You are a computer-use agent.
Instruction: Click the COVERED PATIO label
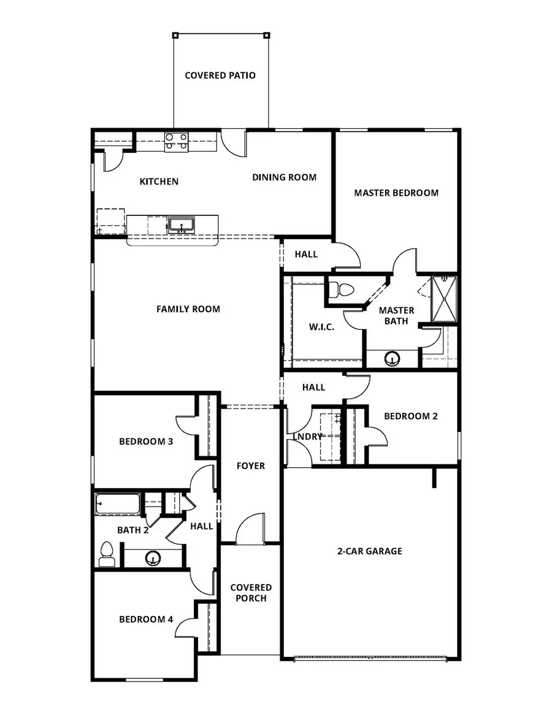[x=220, y=75]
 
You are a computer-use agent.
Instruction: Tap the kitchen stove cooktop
[x=176, y=142]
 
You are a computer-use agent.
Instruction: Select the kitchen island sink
[x=180, y=225]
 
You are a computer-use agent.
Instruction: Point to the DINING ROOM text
[x=284, y=177]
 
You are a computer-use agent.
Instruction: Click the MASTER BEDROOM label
[x=396, y=193]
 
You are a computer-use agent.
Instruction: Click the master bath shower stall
[x=444, y=299]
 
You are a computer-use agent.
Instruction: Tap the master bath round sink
[x=392, y=358]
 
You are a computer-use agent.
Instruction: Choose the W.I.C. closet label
[x=321, y=327]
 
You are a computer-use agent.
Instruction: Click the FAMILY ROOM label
[x=188, y=309]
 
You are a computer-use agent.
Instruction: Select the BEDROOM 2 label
[x=411, y=416]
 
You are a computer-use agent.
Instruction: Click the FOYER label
[x=251, y=466]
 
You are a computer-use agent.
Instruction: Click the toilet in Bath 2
[x=107, y=554]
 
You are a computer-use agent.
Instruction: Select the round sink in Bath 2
[x=152, y=558]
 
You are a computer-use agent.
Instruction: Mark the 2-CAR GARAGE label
[x=370, y=551]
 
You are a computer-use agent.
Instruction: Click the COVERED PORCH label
[x=251, y=593]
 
